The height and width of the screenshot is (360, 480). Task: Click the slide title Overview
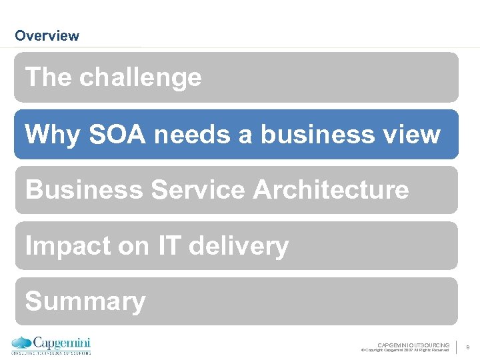coord(47,36)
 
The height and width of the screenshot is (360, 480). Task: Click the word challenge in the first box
coord(140,78)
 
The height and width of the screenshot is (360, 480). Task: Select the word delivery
coord(239,246)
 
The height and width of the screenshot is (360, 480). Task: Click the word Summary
coord(85,301)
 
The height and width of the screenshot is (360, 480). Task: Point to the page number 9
coord(468,347)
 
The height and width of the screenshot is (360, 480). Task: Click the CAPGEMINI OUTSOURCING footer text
coord(413,345)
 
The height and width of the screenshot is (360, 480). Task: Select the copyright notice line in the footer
coord(405,350)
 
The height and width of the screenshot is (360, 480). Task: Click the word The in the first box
coord(49,78)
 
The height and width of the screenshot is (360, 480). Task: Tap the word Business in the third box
coord(84,190)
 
